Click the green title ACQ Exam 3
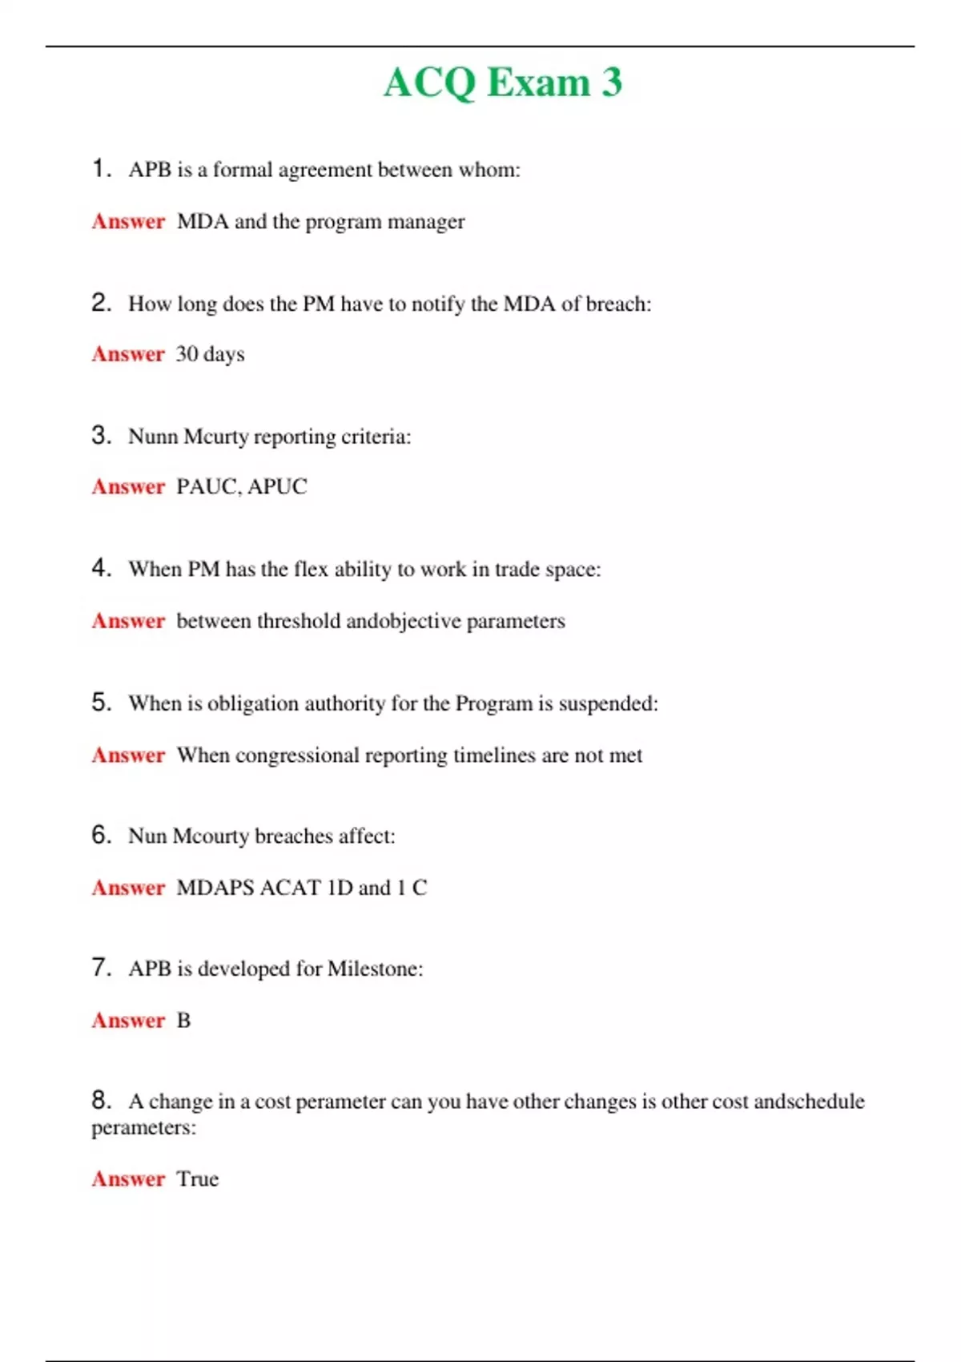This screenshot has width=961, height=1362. tap(503, 83)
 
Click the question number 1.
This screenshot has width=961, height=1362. tap(100, 168)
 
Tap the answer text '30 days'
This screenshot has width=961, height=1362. tap(210, 354)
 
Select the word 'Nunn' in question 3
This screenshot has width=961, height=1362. tap(153, 437)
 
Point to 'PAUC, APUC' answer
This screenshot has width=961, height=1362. tap(241, 487)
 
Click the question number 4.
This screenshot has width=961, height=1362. tap(100, 568)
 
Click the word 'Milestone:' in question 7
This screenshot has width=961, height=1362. tap(375, 969)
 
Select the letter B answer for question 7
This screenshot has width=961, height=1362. tap(183, 1021)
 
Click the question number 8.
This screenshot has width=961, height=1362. tap(100, 1100)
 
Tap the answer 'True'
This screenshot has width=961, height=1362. tap(197, 1179)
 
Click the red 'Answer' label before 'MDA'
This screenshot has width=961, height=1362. tap(128, 222)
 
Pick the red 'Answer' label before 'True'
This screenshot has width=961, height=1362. tap(128, 1179)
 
